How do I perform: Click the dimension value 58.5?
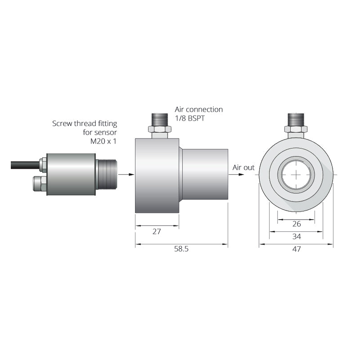pyautogui.click(x=181, y=249)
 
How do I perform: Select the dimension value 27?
pyautogui.click(x=157, y=232)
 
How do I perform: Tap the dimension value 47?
pyautogui.click(x=296, y=249)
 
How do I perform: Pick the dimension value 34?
pyautogui.click(x=296, y=236)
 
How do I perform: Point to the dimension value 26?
pyautogui.click(x=296, y=224)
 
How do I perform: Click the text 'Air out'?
pyautogui.click(x=243, y=167)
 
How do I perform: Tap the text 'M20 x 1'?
pyautogui.click(x=104, y=141)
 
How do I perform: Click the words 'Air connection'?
pyautogui.click(x=198, y=109)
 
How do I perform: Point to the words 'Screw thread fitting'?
pyautogui.click(x=85, y=123)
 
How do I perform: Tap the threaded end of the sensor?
pyautogui.click(x=107, y=174)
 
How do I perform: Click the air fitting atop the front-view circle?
pyautogui.click(x=296, y=124)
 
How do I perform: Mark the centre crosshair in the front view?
pyautogui.click(x=296, y=175)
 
